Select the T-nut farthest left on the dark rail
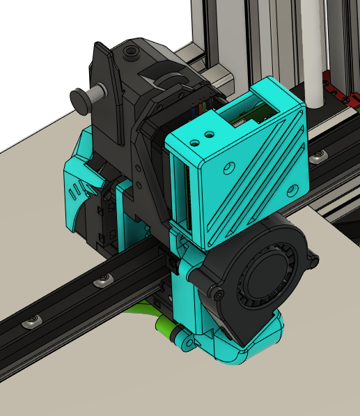click(31, 321)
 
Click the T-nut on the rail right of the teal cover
click(319, 154)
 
